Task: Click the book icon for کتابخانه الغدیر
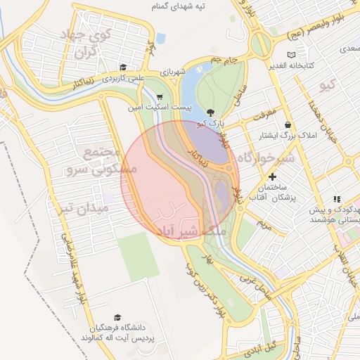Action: click(292, 55)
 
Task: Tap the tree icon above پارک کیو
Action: click(211, 112)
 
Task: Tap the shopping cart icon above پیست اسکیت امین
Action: click(160, 98)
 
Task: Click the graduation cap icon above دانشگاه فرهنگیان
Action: click(117, 318)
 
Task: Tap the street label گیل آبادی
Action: click(280, 347)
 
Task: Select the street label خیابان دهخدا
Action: click(314, 112)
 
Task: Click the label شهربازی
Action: click(172, 72)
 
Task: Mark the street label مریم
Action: click(264, 224)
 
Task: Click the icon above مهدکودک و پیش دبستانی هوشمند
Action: click(337, 200)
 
